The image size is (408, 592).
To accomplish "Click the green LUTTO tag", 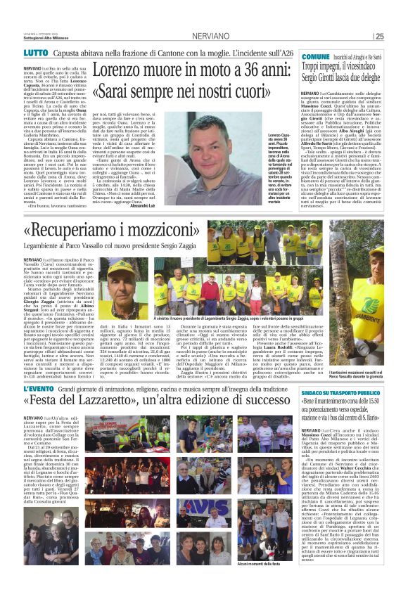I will tap(35, 53).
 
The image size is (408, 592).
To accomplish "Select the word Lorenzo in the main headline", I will tap(122, 70).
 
